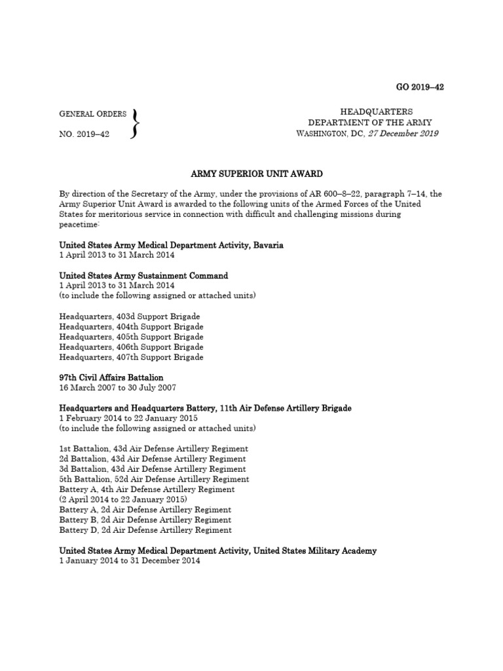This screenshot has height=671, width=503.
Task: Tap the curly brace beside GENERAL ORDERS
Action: (x=136, y=123)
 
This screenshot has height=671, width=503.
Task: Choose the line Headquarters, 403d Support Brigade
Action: (x=130, y=316)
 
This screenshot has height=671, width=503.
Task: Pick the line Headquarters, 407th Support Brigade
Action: (x=131, y=357)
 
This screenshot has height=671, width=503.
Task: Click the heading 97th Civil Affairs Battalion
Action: (x=111, y=377)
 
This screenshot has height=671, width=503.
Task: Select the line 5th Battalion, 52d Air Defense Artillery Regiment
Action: (x=154, y=479)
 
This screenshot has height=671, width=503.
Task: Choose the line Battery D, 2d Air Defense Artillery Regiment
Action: (x=145, y=529)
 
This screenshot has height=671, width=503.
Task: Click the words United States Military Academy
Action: (x=313, y=551)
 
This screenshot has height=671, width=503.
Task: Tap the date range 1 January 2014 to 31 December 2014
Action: (x=130, y=561)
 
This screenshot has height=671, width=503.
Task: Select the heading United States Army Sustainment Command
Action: (x=143, y=276)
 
